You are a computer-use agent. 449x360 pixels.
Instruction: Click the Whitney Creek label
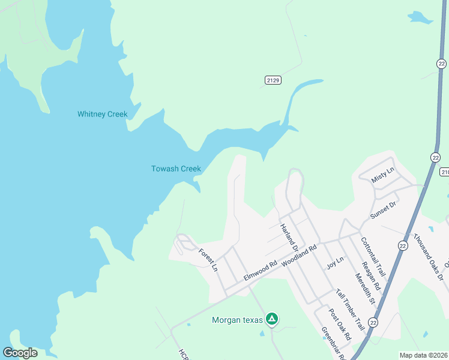coord(102,114)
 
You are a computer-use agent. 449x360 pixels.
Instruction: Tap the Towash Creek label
coord(175,169)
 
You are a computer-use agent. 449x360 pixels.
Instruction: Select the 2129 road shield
coord(273,80)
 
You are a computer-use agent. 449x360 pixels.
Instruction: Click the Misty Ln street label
coord(383,175)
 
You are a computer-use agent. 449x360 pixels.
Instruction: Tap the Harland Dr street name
coord(289,236)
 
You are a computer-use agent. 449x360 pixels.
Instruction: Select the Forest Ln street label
coord(208,261)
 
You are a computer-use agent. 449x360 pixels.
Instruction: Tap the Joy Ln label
coord(335,262)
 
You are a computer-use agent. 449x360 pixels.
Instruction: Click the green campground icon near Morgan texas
coord(272,319)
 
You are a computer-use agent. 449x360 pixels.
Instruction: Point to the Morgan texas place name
coord(238,320)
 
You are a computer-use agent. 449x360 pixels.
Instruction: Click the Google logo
coord(20,353)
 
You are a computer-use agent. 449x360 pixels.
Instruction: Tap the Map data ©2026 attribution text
coord(423,355)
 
